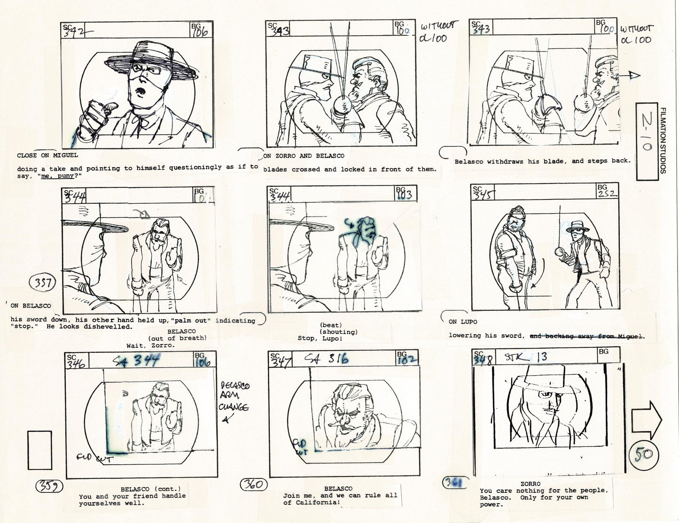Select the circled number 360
(254, 485)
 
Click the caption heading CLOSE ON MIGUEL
(47, 155)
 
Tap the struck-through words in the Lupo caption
(587, 336)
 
